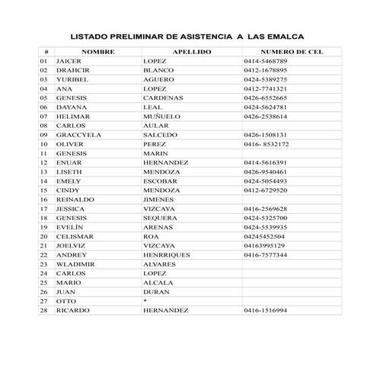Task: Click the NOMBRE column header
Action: pyautogui.click(x=97, y=51)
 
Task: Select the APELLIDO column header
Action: pyautogui.click(x=191, y=51)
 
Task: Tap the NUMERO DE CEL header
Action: pyautogui.click(x=292, y=51)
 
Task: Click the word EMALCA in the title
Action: pyautogui.click(x=283, y=35)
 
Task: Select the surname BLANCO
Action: pyautogui.click(x=158, y=70)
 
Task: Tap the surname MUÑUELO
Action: pyautogui.click(x=161, y=117)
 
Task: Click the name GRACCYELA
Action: pyautogui.click(x=78, y=135)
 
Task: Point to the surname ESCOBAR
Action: pyautogui.click(x=161, y=181)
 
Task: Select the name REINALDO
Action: pyautogui.click(x=75, y=200)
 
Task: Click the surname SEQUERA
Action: pyautogui.click(x=161, y=218)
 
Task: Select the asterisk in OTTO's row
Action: pyautogui.click(x=145, y=302)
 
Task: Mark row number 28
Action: pyautogui.click(x=43, y=311)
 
